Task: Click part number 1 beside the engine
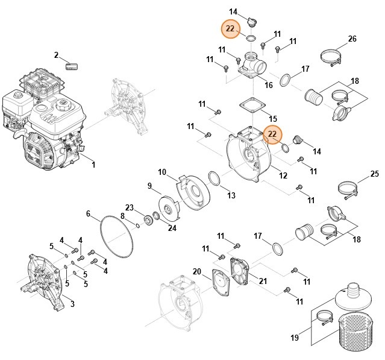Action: tap(93, 164)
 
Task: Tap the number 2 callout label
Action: tap(57, 55)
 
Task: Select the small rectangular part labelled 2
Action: tap(73, 64)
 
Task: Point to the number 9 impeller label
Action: tap(149, 185)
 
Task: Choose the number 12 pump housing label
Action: tap(283, 175)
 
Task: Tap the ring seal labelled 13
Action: tap(214, 178)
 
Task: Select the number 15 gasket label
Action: tap(273, 118)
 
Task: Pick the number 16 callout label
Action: tap(269, 86)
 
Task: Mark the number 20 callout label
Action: tap(196, 271)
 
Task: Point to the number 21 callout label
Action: tap(263, 281)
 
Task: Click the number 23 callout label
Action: tap(130, 207)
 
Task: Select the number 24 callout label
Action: tap(172, 227)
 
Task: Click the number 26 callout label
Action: tap(352, 39)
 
